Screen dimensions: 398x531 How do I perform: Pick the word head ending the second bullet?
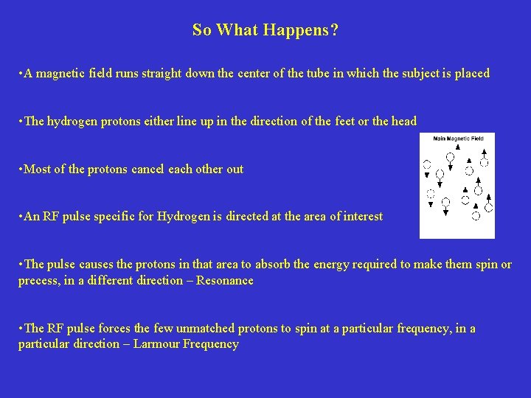(x=403, y=122)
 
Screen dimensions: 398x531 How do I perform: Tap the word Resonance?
(x=225, y=281)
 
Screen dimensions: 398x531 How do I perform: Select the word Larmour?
(x=139, y=344)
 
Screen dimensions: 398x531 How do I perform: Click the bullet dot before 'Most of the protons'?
(x=21, y=170)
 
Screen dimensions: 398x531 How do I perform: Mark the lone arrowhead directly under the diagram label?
(x=458, y=147)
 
